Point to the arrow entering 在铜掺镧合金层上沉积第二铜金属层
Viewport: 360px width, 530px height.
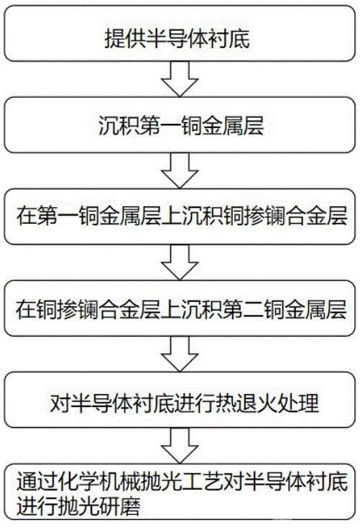177,263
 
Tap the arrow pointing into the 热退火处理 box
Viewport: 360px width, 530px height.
177,355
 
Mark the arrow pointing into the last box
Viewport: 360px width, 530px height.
177,447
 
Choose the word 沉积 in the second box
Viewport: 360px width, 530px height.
112,128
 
